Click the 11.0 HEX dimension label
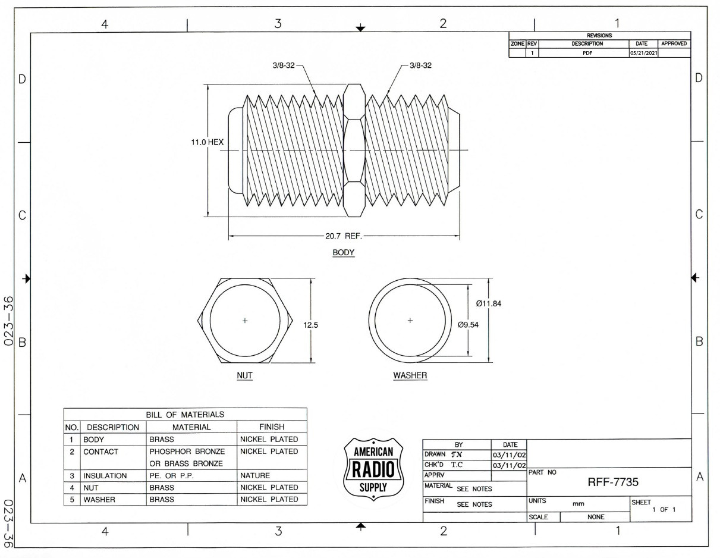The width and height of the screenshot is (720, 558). tap(207, 143)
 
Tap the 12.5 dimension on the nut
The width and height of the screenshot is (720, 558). tap(311, 325)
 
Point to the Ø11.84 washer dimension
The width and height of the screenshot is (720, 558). tap(488, 304)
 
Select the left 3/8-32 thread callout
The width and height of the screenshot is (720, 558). tap(284, 65)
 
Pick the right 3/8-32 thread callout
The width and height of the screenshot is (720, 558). tap(420, 65)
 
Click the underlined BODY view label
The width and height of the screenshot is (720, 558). tap(343, 253)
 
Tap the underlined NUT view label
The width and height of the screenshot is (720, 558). tap(244, 376)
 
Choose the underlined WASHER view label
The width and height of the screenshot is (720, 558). tap(410, 376)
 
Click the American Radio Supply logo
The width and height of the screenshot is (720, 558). tap(373, 469)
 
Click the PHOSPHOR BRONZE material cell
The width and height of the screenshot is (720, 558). tap(187, 452)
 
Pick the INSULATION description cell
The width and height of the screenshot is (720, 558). tap(105, 476)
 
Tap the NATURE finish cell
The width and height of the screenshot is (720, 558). tap(255, 476)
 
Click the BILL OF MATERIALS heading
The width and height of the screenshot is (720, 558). tap(185, 415)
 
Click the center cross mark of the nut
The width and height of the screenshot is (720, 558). tap(244, 321)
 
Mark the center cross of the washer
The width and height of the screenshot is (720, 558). tap(410, 321)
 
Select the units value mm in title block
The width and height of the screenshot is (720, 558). tap(577, 504)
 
